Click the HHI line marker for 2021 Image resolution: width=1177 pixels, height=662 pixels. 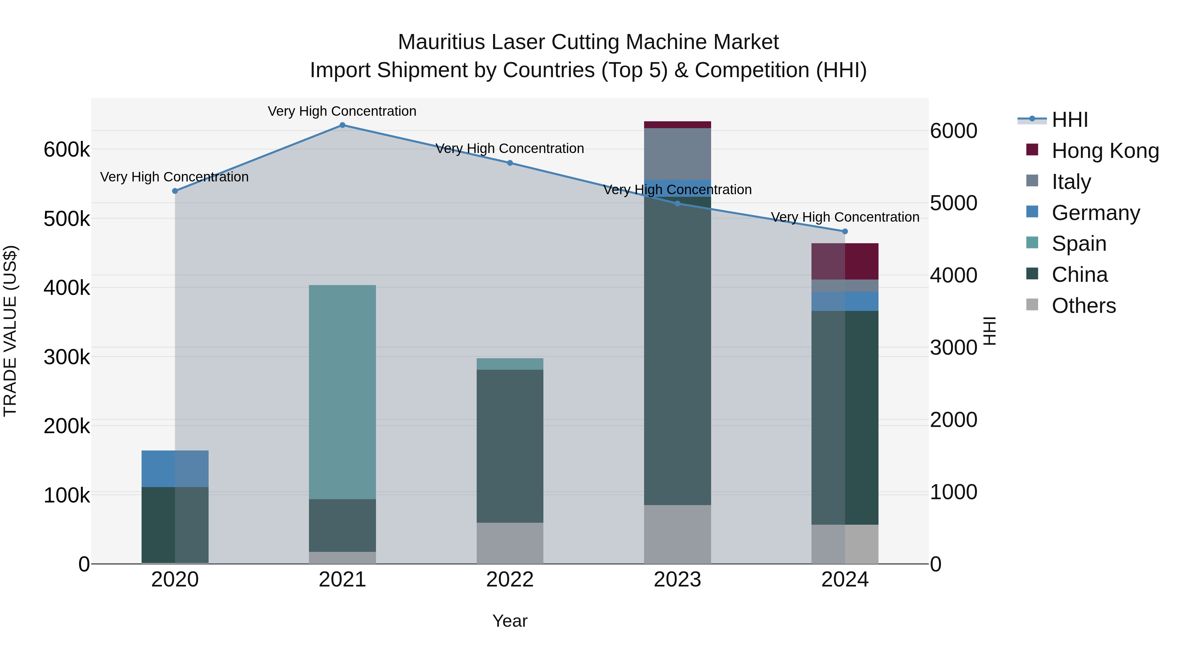click(342, 125)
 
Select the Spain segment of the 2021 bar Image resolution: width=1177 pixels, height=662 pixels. click(342, 392)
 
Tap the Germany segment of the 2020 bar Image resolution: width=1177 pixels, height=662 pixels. click(175, 469)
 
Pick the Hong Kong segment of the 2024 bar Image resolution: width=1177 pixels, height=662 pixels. click(845, 261)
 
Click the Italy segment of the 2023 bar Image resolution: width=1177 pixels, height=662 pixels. click(678, 154)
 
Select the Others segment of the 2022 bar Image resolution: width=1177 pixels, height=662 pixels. click(510, 543)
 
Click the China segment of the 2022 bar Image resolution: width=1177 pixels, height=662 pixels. click(510, 446)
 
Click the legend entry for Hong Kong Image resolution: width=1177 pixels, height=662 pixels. click(1105, 151)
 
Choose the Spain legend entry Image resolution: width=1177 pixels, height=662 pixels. click(1079, 244)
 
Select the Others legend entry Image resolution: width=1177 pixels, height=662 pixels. click(1083, 306)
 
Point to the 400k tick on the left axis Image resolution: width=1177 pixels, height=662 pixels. click(67, 288)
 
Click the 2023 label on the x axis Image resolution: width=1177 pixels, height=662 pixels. click(678, 580)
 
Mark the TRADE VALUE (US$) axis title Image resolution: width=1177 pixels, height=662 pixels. click(10, 331)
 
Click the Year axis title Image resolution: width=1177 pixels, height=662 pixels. click(510, 621)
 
